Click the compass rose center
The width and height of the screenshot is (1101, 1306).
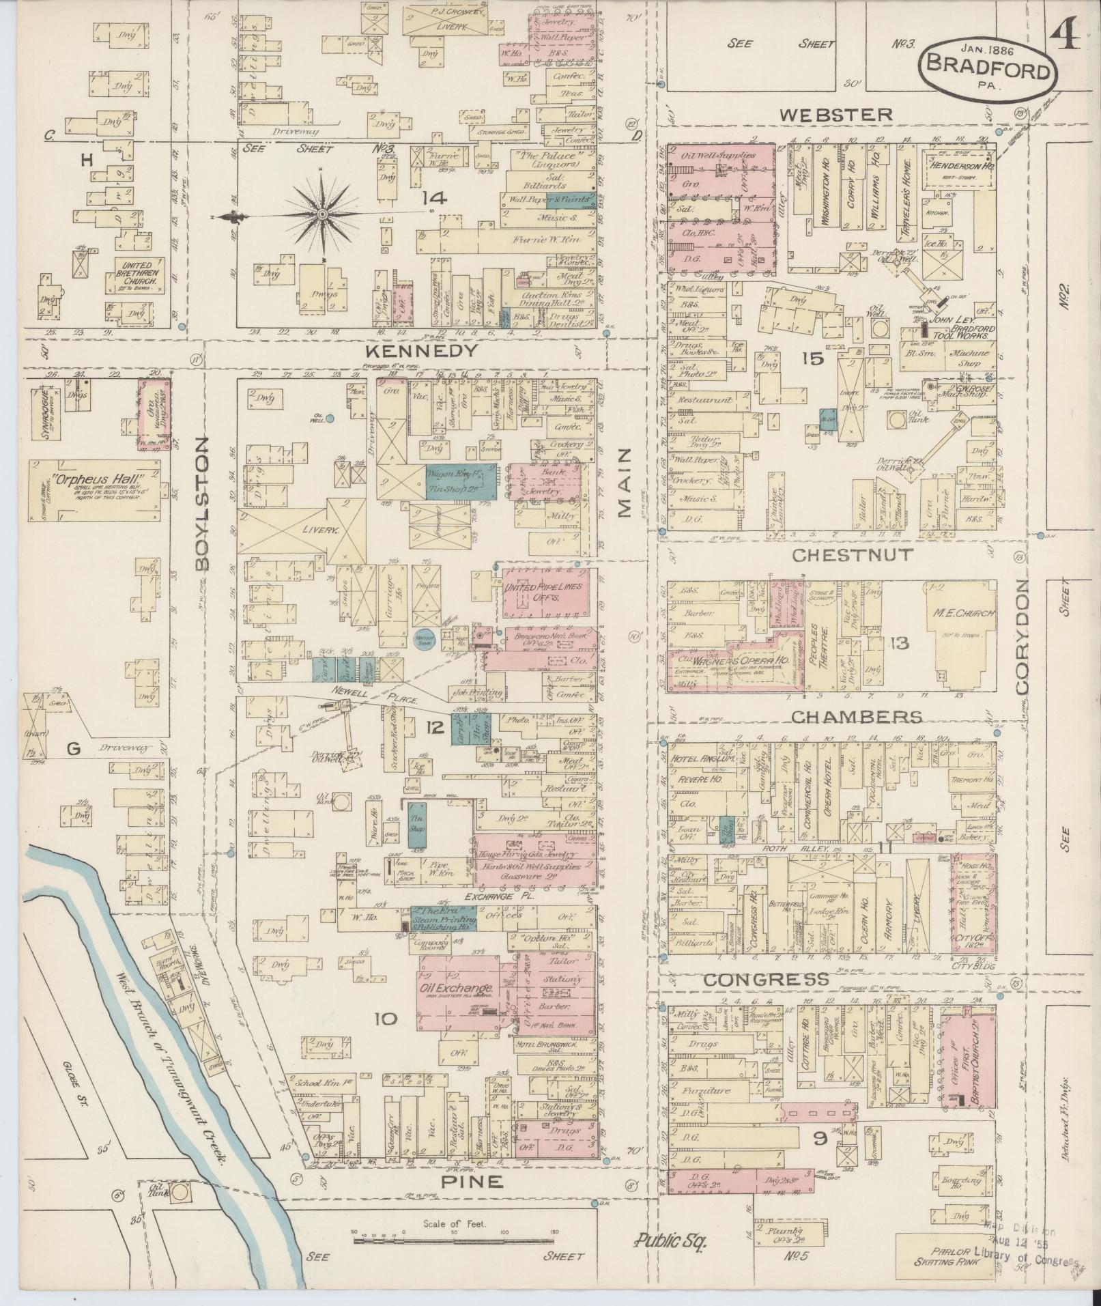(321, 215)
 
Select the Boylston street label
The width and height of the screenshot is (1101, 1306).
(200, 503)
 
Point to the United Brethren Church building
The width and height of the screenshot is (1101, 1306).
(135, 275)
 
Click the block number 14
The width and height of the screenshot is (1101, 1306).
(433, 199)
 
